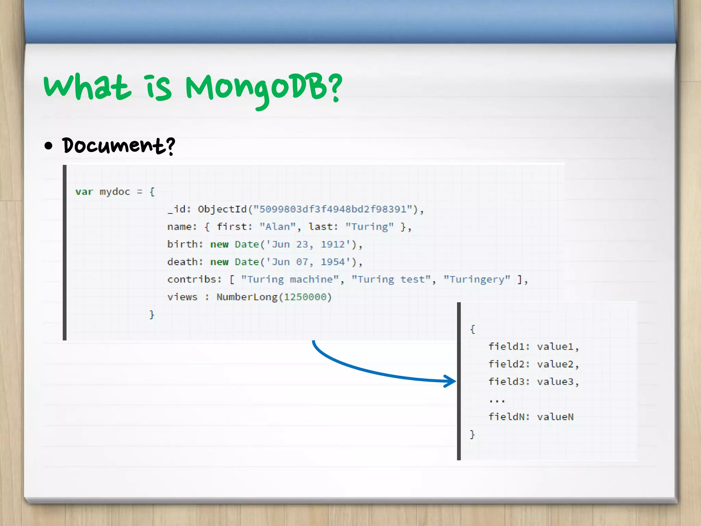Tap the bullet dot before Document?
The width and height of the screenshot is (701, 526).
tap(49, 146)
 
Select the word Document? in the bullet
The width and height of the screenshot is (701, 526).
tap(118, 146)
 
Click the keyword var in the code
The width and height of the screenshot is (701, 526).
tap(84, 192)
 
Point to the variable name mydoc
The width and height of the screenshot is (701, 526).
tap(115, 192)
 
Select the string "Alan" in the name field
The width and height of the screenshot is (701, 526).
tap(277, 227)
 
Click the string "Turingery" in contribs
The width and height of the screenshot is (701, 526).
tap(477, 279)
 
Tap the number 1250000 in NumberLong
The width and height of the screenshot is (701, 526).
tap(305, 297)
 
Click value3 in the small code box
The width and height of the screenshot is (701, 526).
tap(555, 381)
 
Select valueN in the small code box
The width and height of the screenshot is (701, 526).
tap(555, 417)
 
